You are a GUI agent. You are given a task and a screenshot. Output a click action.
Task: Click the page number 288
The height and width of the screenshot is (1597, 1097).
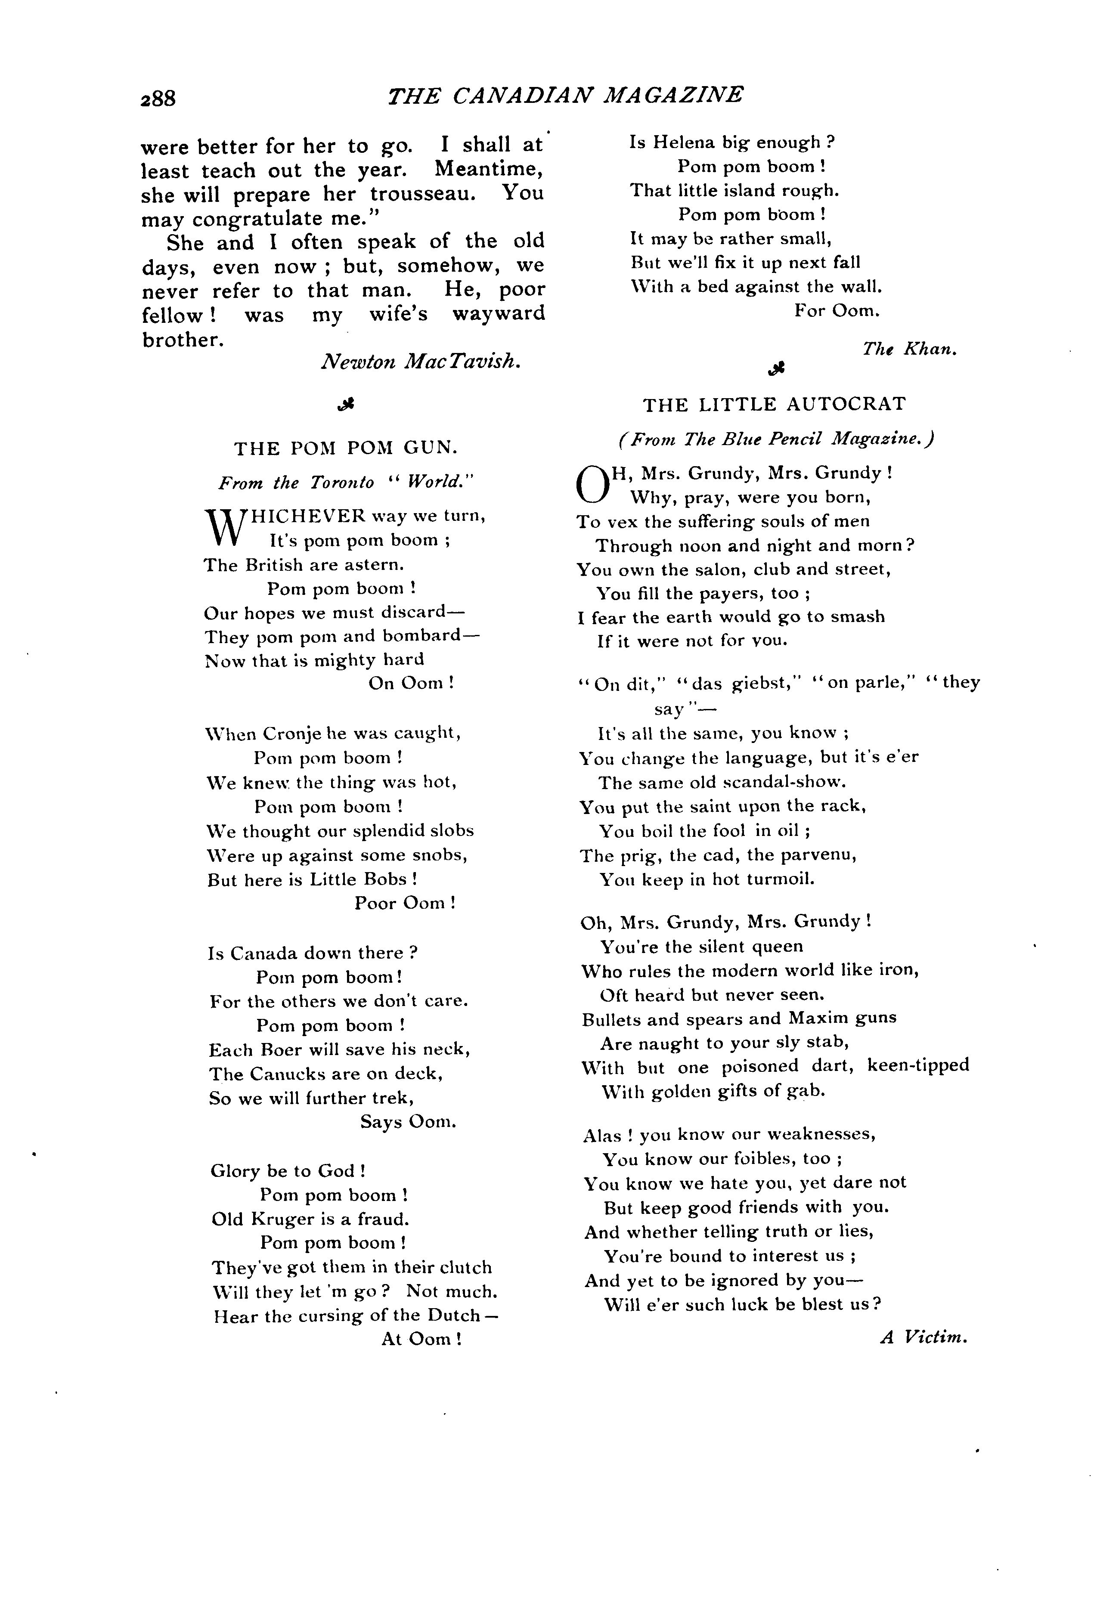pyautogui.click(x=158, y=98)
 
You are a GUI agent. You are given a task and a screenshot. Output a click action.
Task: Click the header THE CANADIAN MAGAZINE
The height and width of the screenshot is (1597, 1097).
pyautogui.click(x=565, y=95)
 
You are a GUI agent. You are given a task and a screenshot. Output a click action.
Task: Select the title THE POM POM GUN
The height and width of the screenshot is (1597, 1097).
pyautogui.click(x=346, y=449)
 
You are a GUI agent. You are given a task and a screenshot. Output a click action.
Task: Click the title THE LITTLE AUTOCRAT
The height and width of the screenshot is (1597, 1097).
pyautogui.click(x=775, y=404)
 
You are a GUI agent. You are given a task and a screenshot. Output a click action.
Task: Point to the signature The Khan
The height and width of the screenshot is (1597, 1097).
pyautogui.click(x=909, y=349)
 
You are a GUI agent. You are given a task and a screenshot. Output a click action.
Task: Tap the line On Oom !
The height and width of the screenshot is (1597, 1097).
pyautogui.click(x=411, y=684)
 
